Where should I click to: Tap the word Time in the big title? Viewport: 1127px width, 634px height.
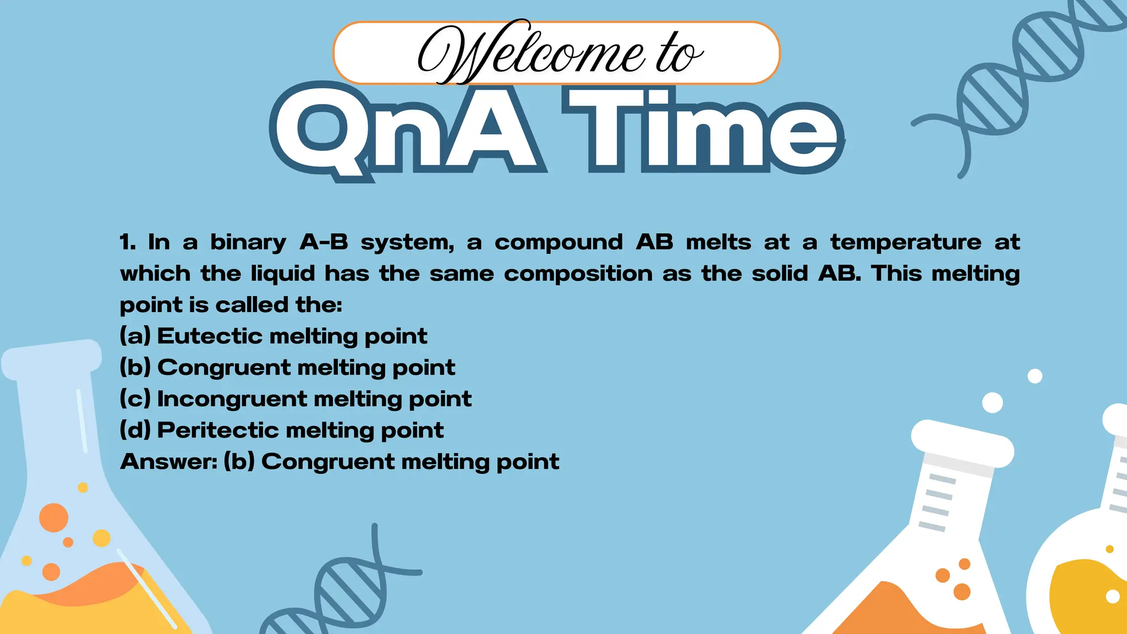pos(702,132)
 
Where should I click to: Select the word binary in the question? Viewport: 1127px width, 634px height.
pos(248,243)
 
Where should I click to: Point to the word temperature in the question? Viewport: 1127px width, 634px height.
pos(906,242)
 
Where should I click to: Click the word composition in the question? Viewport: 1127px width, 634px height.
pos(578,274)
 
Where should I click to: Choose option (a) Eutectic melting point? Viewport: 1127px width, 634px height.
pos(273,336)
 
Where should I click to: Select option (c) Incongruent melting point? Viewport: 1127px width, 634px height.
pos(296,399)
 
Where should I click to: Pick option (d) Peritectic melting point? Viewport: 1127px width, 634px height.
pos(281,430)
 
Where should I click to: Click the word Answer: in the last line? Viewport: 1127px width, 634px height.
pos(169,462)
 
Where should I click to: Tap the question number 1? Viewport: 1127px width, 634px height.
pos(127,243)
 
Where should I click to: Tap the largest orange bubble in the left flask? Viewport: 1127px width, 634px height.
pos(54,517)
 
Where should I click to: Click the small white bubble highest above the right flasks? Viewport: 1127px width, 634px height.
pos(1035,376)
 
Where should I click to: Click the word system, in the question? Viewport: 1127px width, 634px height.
pos(408,243)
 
